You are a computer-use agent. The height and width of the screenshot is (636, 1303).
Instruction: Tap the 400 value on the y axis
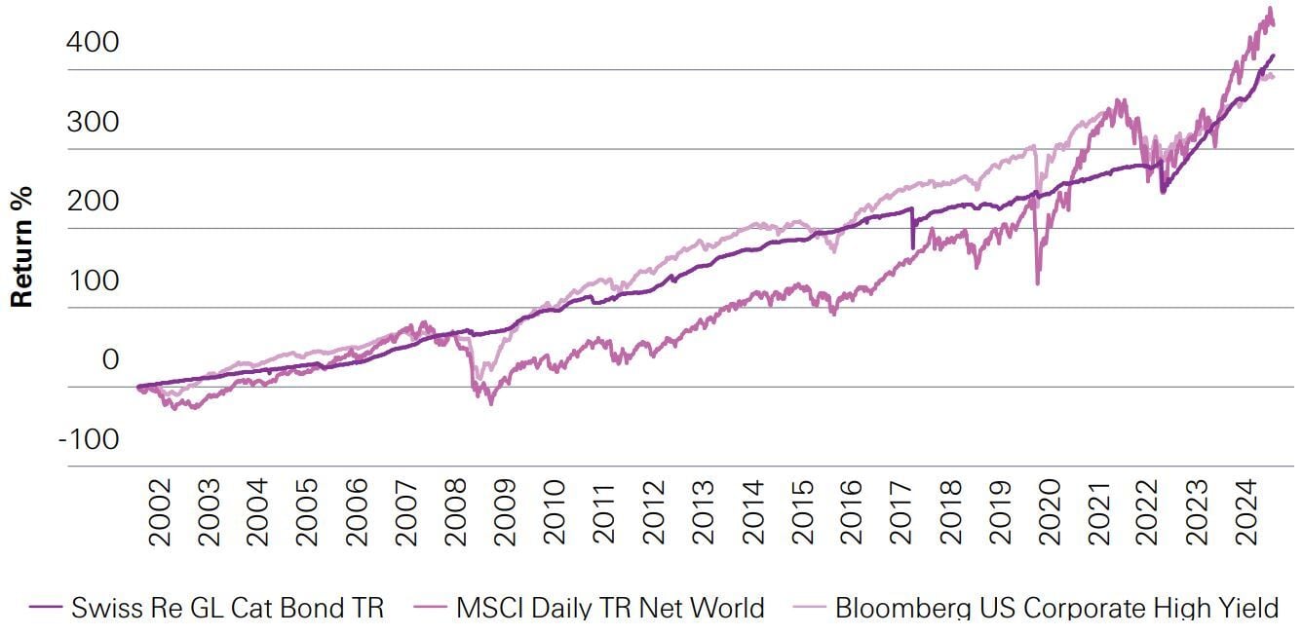(95, 43)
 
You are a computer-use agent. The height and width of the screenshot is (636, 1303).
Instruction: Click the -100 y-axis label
(89, 439)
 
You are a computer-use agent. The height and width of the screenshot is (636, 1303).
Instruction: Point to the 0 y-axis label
(110, 360)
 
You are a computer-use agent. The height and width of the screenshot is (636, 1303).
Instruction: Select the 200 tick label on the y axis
(95, 202)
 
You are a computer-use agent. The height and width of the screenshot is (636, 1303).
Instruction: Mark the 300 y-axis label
(95, 123)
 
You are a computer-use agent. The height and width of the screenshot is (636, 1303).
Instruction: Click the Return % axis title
(21, 246)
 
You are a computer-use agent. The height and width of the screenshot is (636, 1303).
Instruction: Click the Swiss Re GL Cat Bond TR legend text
(227, 609)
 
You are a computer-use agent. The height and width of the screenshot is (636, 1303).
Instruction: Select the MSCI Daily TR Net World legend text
(609, 609)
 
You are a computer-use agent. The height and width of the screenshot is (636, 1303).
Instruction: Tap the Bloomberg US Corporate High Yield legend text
(1056, 609)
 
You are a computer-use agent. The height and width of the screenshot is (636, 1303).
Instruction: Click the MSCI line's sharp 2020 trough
(1037, 283)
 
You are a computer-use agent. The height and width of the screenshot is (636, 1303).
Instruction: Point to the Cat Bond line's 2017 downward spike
(912, 248)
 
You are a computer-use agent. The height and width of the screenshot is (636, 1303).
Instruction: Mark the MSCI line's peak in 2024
(1269, 9)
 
